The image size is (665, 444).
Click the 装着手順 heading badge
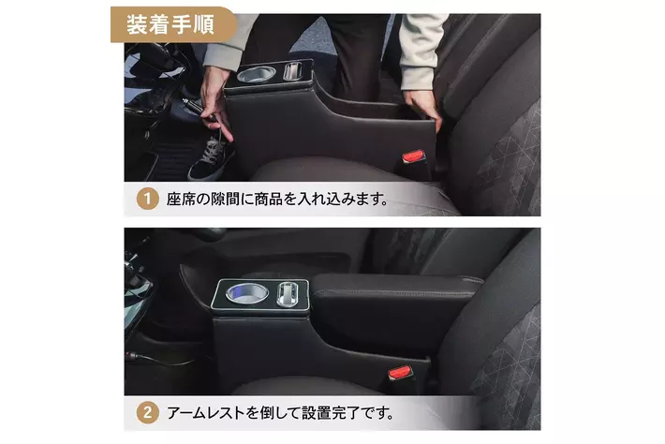coord(173,24)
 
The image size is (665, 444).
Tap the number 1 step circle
coord(147,199)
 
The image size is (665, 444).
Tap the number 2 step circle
coord(147,412)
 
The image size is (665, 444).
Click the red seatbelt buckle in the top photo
coord(413,156)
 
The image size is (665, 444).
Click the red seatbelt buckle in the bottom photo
coord(400,373)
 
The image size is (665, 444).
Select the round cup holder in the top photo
coord(256,74)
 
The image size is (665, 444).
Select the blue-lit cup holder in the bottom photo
coord(247,293)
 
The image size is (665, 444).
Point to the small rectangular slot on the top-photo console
coord(292,70)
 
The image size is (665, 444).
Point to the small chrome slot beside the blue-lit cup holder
coord(288,293)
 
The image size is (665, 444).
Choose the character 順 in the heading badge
coord(203,24)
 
